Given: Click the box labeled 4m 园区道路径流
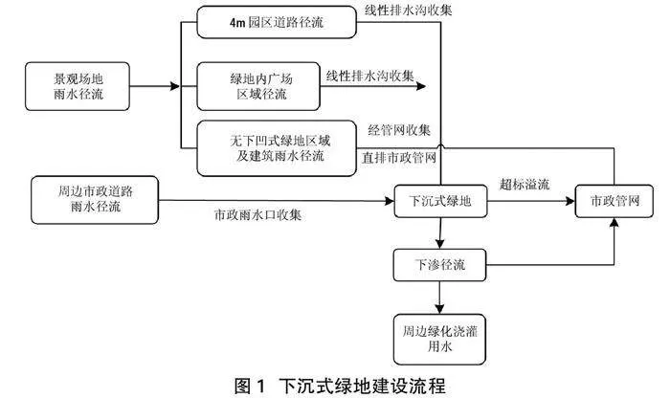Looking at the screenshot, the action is [277, 22].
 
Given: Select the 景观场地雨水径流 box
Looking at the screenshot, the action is [78, 86].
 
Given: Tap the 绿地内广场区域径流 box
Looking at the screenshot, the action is [258, 86].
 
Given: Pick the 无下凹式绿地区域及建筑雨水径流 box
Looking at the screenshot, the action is [277, 148].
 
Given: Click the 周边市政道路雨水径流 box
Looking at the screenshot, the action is [95, 200].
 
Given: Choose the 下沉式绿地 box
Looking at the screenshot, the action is [440, 201].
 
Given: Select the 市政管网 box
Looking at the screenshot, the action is [614, 201].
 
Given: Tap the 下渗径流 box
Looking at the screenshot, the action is [439, 265].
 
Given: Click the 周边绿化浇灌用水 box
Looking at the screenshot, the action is [439, 340].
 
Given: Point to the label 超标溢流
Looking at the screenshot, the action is [525, 185].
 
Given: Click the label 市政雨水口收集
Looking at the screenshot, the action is [257, 214].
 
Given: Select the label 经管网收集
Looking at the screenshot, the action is [399, 130].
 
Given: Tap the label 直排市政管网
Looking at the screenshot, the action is [399, 158].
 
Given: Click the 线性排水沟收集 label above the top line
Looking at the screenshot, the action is [408, 11].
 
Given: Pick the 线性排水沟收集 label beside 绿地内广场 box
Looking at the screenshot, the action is [370, 76].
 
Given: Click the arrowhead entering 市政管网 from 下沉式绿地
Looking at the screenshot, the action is [570, 201].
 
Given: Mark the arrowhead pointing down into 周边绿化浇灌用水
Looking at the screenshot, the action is [439, 309].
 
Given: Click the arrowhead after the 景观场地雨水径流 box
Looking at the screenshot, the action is [175, 86].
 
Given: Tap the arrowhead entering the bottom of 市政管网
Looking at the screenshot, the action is [614, 223].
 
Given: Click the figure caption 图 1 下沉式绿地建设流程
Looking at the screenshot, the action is [340, 387].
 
